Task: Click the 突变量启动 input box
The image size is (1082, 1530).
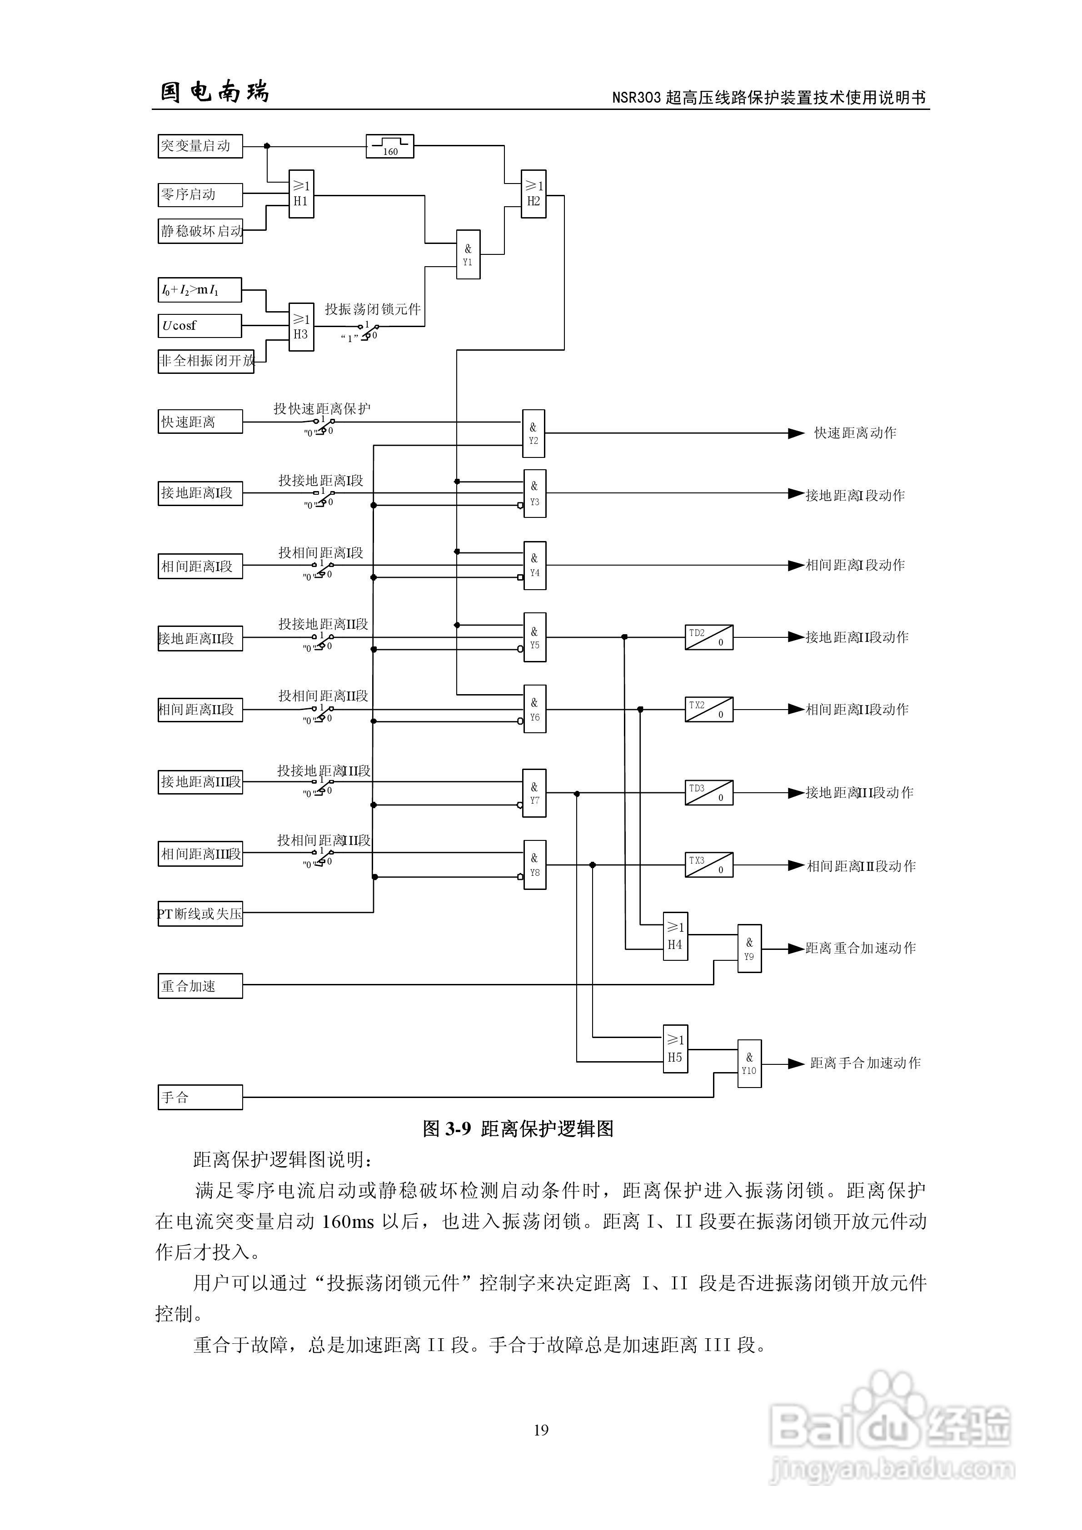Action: point(199,146)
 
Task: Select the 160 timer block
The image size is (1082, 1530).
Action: point(389,146)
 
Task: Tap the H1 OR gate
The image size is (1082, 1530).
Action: point(301,193)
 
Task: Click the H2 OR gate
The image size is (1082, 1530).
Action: point(534,193)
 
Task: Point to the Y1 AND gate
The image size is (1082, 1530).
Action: point(467,254)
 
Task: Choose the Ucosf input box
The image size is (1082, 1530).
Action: point(199,326)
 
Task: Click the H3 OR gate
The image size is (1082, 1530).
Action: point(301,327)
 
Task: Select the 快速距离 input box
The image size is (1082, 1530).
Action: point(199,422)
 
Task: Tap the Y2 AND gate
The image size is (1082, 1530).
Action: point(534,433)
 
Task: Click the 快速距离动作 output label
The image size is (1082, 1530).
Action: point(855,433)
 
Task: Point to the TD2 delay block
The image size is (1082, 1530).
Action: point(708,637)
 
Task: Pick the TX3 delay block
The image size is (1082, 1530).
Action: point(708,865)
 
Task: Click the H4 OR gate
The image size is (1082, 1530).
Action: point(675,936)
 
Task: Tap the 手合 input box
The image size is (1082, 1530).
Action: point(199,1097)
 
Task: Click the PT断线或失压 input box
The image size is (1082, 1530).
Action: point(199,914)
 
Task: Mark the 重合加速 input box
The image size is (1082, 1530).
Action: point(199,986)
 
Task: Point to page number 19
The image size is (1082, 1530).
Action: point(541,1430)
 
